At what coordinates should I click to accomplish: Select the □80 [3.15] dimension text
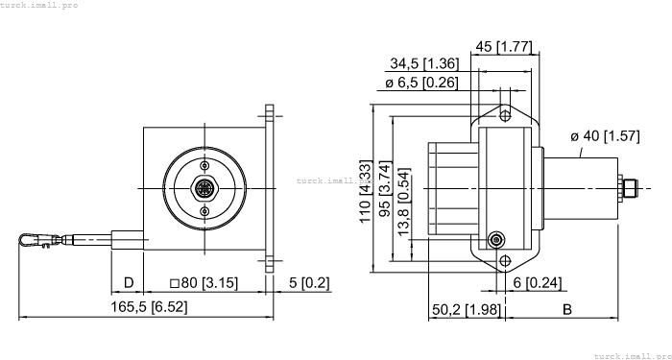[204, 283]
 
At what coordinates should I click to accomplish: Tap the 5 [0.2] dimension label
[309, 283]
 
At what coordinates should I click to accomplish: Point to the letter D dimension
[128, 283]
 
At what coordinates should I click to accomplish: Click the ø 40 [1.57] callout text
[605, 136]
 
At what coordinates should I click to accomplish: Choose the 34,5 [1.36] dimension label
[423, 63]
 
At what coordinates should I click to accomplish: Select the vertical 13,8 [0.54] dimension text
[403, 202]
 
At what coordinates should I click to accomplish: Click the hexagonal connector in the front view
[204, 187]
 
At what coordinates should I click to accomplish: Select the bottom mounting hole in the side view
[502, 260]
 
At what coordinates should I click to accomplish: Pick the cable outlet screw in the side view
[495, 240]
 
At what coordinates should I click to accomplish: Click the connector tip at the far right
[635, 187]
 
